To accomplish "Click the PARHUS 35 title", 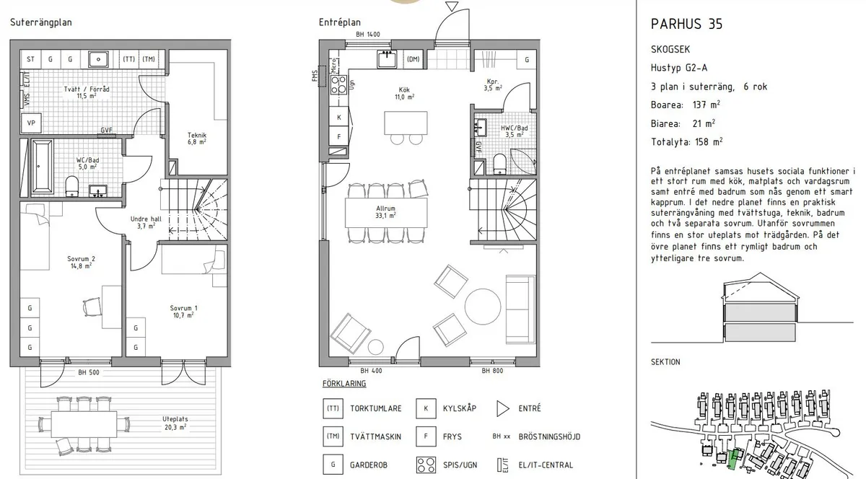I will click(686, 24).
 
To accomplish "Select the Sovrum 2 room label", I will click(81, 262).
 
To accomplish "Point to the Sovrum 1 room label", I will click(184, 311).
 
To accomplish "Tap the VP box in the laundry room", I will click(31, 123).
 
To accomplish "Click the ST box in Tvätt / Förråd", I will click(31, 59).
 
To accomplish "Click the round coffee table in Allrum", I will click(481, 306).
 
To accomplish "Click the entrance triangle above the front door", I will click(452, 7).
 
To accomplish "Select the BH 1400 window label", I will click(367, 35).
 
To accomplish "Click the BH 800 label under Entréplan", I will click(492, 371).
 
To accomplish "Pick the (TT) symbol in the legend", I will click(333, 408).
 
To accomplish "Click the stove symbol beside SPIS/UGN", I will click(425, 465).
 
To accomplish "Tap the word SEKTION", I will click(665, 362).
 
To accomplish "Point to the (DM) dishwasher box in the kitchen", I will click(414, 59).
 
